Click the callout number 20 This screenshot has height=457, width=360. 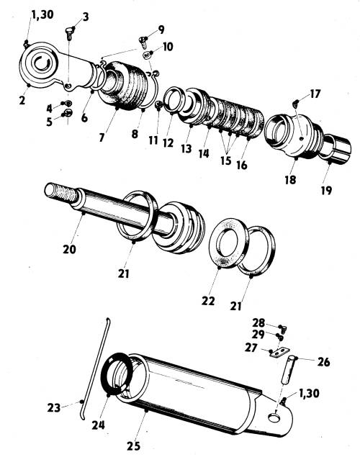[69, 250]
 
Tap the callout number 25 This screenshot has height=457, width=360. [133, 446]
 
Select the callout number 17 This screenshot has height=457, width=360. [315, 94]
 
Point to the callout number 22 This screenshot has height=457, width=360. [208, 301]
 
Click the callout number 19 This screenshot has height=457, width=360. [326, 191]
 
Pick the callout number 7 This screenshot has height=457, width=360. [102, 137]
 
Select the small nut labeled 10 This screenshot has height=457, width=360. [148, 55]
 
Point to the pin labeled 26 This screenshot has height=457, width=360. [288, 370]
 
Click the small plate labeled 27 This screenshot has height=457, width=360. [279, 353]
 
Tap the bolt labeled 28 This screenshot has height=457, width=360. [284, 329]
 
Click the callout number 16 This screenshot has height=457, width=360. [242, 166]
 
